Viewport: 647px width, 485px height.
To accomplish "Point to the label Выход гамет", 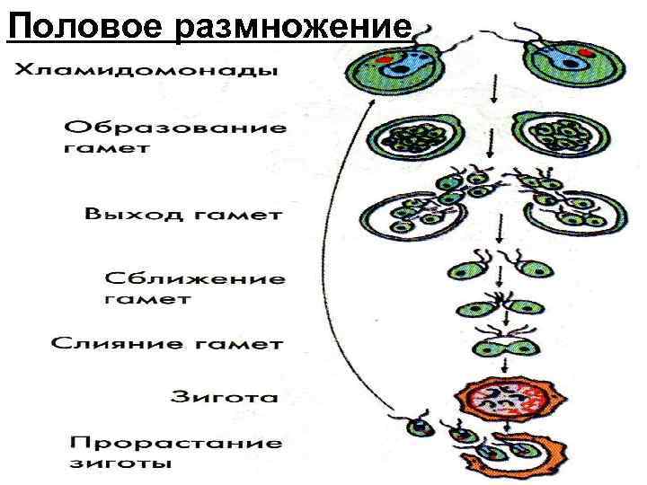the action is coord(185,216).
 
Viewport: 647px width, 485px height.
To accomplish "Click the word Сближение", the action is coord(196,279).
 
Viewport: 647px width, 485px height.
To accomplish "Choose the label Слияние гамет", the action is coord(168,344).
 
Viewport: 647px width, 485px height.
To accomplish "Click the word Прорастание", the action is coord(177,444).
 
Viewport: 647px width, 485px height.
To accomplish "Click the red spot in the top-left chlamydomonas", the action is coord(382,61).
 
